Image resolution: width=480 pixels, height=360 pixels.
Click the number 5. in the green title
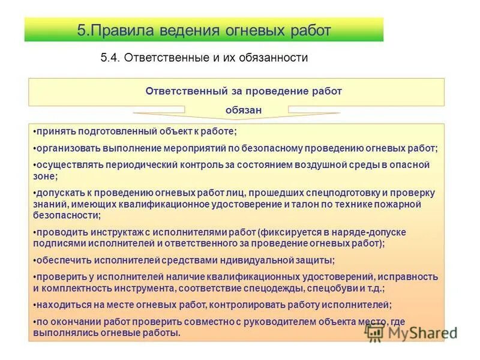(x=83, y=30)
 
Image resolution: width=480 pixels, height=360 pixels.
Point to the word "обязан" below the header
(x=244, y=110)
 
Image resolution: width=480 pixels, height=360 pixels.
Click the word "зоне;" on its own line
(x=45, y=176)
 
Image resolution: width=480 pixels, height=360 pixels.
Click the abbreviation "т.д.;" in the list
(x=373, y=287)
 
